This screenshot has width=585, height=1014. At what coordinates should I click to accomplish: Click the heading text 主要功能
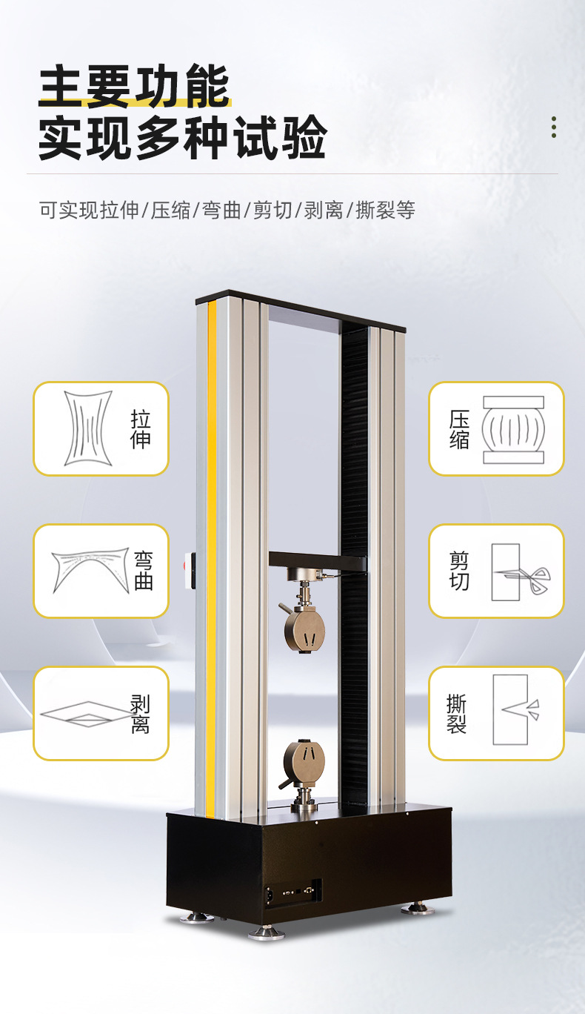point(134,86)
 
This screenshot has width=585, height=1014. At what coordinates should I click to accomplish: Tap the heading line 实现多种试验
point(182,137)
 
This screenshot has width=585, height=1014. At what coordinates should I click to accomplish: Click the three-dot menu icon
point(554,127)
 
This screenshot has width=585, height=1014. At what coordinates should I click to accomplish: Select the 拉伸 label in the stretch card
point(141,429)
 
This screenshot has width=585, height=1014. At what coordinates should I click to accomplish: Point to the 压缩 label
point(459,429)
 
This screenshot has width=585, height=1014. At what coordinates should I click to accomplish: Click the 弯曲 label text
point(144,571)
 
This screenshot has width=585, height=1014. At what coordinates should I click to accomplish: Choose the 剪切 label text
point(459,571)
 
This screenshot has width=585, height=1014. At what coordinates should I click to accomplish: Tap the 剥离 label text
point(140,713)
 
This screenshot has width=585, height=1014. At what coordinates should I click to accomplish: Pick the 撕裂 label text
point(457,713)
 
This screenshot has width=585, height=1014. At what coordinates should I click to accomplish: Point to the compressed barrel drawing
point(513,430)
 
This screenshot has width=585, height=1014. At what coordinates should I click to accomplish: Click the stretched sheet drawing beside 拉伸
point(88,428)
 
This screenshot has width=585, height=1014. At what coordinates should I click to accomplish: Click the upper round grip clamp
point(304,630)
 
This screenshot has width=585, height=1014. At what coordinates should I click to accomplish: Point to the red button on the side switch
point(184,565)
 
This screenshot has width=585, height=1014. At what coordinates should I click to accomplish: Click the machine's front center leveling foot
point(267,932)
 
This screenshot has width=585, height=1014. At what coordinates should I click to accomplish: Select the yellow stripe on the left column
point(212,559)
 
